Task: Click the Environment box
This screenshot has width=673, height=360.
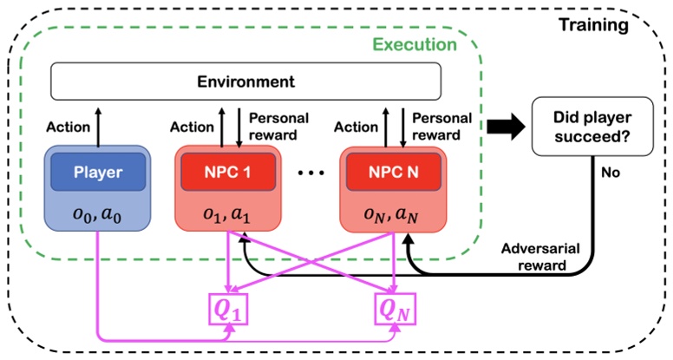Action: point(246,82)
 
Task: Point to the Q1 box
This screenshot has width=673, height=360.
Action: point(228,307)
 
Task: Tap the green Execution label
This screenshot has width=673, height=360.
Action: point(415,43)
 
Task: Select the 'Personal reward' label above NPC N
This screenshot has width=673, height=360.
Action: point(442,127)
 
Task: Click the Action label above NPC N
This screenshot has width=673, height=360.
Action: point(356,127)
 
